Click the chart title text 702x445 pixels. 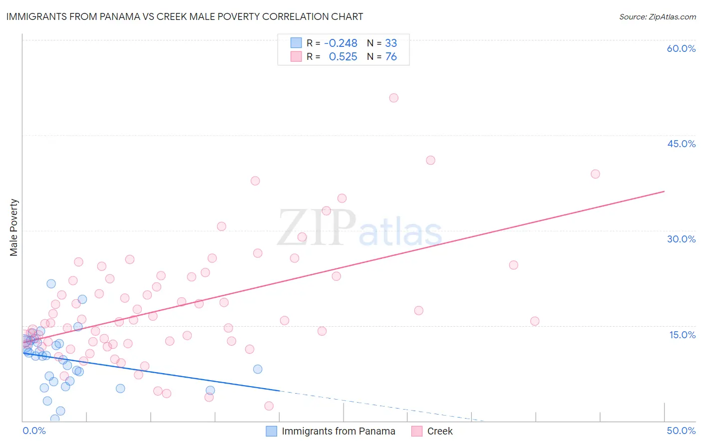(185, 16)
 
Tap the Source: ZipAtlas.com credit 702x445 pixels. (657, 16)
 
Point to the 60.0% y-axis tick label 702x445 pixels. (681, 48)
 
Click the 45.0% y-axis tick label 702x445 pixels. (681, 144)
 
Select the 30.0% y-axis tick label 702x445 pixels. (681, 239)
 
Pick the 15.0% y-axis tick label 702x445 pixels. (682, 335)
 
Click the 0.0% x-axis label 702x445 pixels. (34, 431)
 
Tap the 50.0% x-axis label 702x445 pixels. (681, 431)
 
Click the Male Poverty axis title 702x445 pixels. (13, 227)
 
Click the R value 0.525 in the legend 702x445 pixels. (343, 57)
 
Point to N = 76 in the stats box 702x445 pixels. (382, 57)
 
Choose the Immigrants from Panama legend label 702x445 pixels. (338, 431)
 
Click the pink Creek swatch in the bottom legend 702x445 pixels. (417, 431)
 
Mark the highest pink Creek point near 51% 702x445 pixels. (393, 98)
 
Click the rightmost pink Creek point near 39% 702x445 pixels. (595, 174)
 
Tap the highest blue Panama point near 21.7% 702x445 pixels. (51, 284)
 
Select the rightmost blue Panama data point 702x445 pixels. (258, 369)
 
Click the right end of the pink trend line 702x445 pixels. (664, 191)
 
